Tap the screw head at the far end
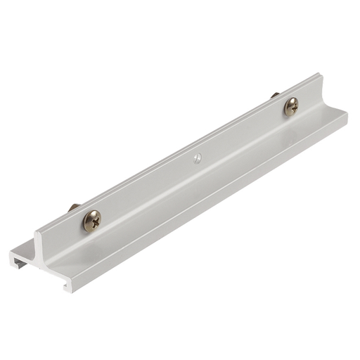291,106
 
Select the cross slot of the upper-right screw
291,106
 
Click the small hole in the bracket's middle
198,157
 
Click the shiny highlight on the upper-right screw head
289,103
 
